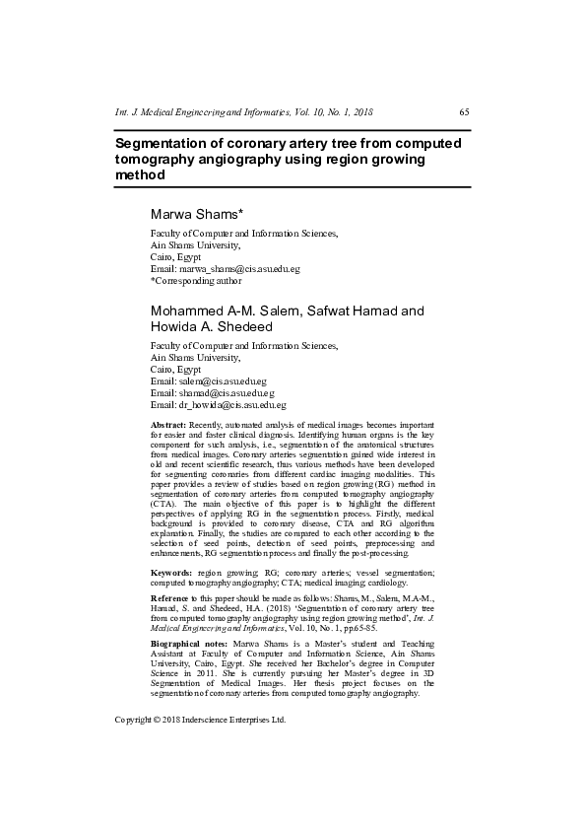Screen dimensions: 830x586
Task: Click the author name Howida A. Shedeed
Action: (x=205, y=327)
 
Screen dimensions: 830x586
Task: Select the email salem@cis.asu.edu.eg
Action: (x=208, y=380)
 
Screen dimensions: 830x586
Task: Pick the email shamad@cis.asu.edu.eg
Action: (x=212, y=392)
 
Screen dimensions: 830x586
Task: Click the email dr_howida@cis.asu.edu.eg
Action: (x=218, y=404)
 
